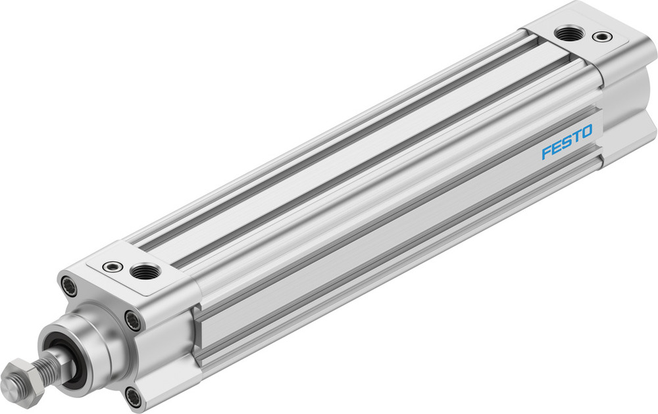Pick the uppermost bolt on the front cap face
click(x=68, y=285)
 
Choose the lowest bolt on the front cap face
click(x=133, y=396)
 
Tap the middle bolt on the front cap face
click(x=134, y=321)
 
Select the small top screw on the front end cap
click(x=113, y=266)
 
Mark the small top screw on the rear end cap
click(x=601, y=36)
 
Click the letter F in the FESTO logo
click(x=546, y=153)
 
